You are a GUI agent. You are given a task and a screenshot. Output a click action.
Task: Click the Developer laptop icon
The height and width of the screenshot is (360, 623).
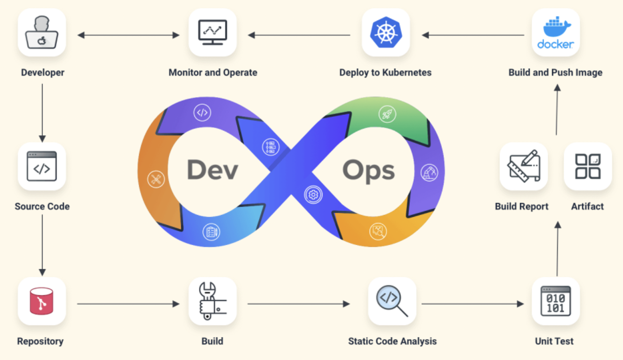pyautogui.click(x=42, y=33)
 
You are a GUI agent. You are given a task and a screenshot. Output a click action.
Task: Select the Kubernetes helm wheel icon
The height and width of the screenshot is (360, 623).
pyautogui.click(x=385, y=33)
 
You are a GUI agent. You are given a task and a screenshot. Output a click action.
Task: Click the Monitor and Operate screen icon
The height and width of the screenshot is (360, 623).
pyautogui.click(x=213, y=33)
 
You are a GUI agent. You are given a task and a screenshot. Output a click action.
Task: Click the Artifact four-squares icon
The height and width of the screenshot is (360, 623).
pyautogui.click(x=588, y=166)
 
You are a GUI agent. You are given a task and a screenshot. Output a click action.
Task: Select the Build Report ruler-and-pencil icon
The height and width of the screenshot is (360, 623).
pyautogui.click(x=524, y=166)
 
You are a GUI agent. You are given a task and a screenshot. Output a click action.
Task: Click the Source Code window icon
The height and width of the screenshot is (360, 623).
pyautogui.click(x=42, y=166)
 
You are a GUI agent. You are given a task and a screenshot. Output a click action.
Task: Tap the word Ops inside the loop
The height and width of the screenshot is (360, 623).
pyautogui.click(x=369, y=170)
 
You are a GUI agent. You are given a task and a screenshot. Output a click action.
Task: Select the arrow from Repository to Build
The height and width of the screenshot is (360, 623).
pyautogui.click(x=128, y=304)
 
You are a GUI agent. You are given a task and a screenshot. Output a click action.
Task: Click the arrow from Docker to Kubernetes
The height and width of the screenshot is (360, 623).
pyautogui.click(x=473, y=35)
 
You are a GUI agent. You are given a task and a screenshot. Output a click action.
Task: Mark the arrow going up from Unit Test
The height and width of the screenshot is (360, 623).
pyautogui.click(x=557, y=248)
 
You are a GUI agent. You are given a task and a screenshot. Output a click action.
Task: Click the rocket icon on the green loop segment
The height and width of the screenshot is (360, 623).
pyautogui.click(x=387, y=114)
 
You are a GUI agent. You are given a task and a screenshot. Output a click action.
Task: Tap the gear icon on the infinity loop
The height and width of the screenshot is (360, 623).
pyautogui.click(x=313, y=194)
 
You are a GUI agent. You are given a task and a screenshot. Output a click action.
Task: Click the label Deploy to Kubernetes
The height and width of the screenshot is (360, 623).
pyautogui.click(x=385, y=72)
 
